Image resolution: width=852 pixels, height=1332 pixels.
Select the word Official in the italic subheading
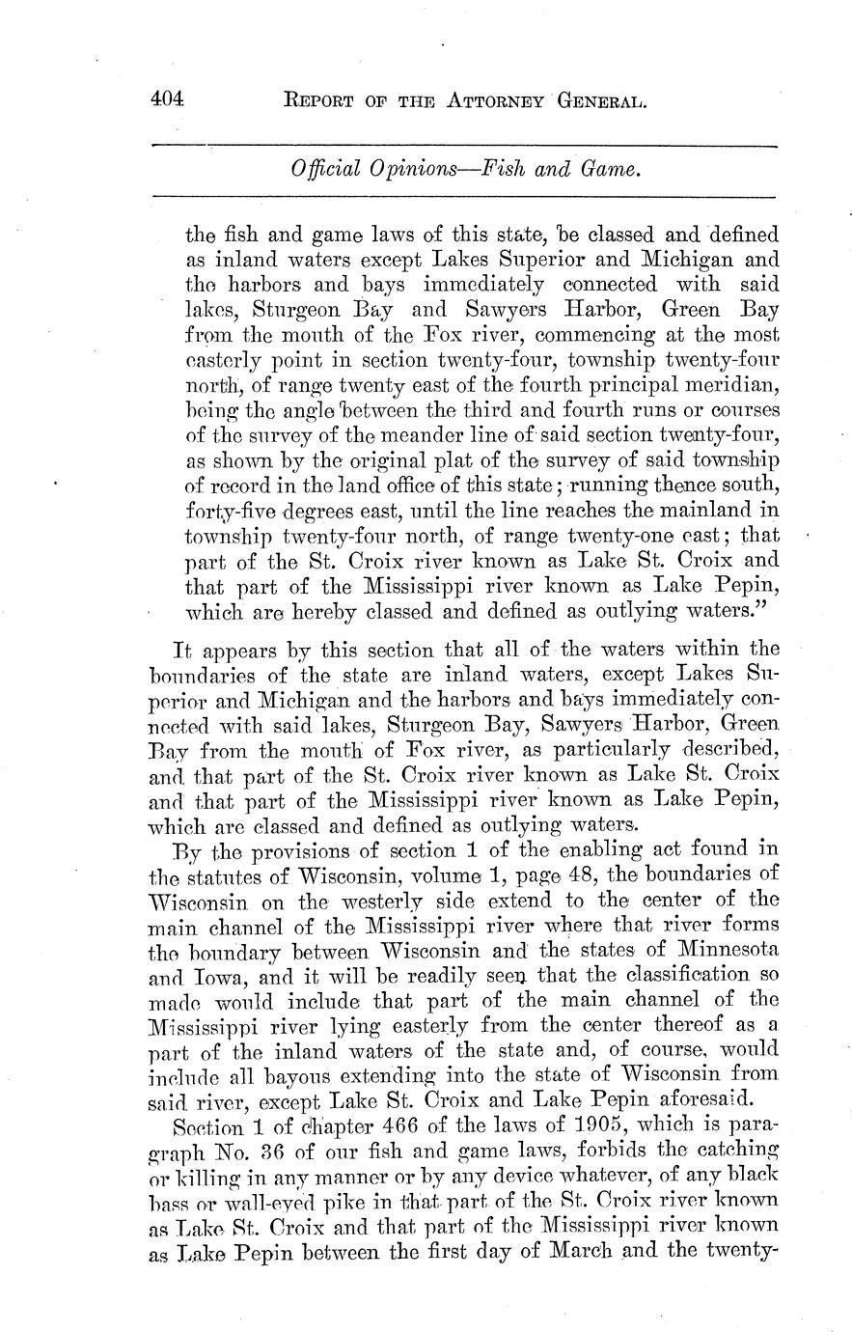pos(322,171)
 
